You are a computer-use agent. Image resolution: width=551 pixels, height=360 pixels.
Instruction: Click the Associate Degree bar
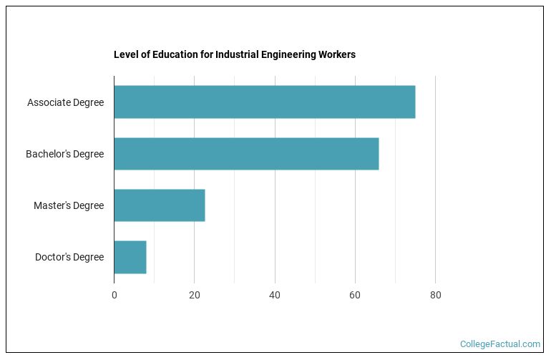(264, 102)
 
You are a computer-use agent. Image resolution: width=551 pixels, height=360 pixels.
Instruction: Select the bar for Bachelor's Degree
(246, 154)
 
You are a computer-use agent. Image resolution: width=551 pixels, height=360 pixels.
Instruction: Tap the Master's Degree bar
(159, 205)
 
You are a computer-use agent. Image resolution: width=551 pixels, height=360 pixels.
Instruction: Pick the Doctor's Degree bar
(130, 257)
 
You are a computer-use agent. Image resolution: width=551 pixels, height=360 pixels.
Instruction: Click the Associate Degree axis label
(65, 102)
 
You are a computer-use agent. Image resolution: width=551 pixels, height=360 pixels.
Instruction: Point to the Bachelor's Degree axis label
(64, 154)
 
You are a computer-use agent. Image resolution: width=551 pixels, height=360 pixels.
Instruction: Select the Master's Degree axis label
(69, 205)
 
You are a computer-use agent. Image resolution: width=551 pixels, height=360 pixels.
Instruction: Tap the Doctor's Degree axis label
(69, 257)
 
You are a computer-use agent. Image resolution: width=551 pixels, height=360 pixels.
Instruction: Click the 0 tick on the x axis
(114, 294)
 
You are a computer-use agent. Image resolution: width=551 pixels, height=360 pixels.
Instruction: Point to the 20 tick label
(194, 294)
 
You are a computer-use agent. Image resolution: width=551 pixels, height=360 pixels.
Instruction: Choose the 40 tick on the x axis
(275, 294)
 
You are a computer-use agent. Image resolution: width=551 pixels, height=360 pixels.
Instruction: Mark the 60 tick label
(355, 294)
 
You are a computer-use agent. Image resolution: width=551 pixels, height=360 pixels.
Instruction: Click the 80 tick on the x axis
(435, 294)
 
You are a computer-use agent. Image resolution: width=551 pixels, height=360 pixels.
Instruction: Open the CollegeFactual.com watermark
(500, 344)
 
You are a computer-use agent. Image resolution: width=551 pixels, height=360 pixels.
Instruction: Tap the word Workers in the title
(337, 54)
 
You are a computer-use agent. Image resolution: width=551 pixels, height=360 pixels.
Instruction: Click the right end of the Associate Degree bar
(414, 102)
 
